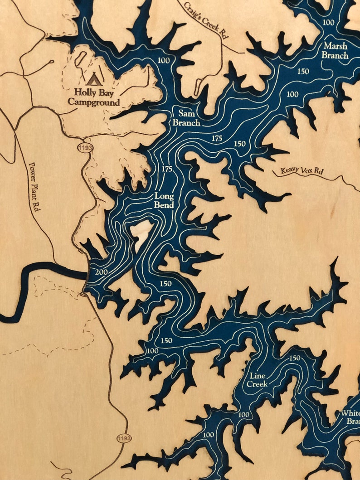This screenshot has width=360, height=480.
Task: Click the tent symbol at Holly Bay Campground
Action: (x=94, y=80)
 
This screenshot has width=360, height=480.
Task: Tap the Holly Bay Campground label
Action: (x=94, y=97)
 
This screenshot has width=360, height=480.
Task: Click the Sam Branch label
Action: (x=186, y=117)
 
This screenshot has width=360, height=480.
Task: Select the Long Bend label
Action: (x=164, y=201)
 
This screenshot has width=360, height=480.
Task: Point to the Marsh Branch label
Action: (x=336, y=51)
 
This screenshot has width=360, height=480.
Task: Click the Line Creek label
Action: (x=257, y=380)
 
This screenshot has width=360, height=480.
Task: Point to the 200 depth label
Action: (x=102, y=272)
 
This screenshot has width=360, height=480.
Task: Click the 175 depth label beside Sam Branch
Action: (x=217, y=139)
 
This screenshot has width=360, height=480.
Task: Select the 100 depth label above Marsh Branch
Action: (x=329, y=23)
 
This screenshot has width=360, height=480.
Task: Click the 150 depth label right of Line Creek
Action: (x=295, y=359)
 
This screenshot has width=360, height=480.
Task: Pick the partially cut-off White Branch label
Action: (x=350, y=417)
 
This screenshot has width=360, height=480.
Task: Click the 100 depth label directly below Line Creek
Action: (x=244, y=415)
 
